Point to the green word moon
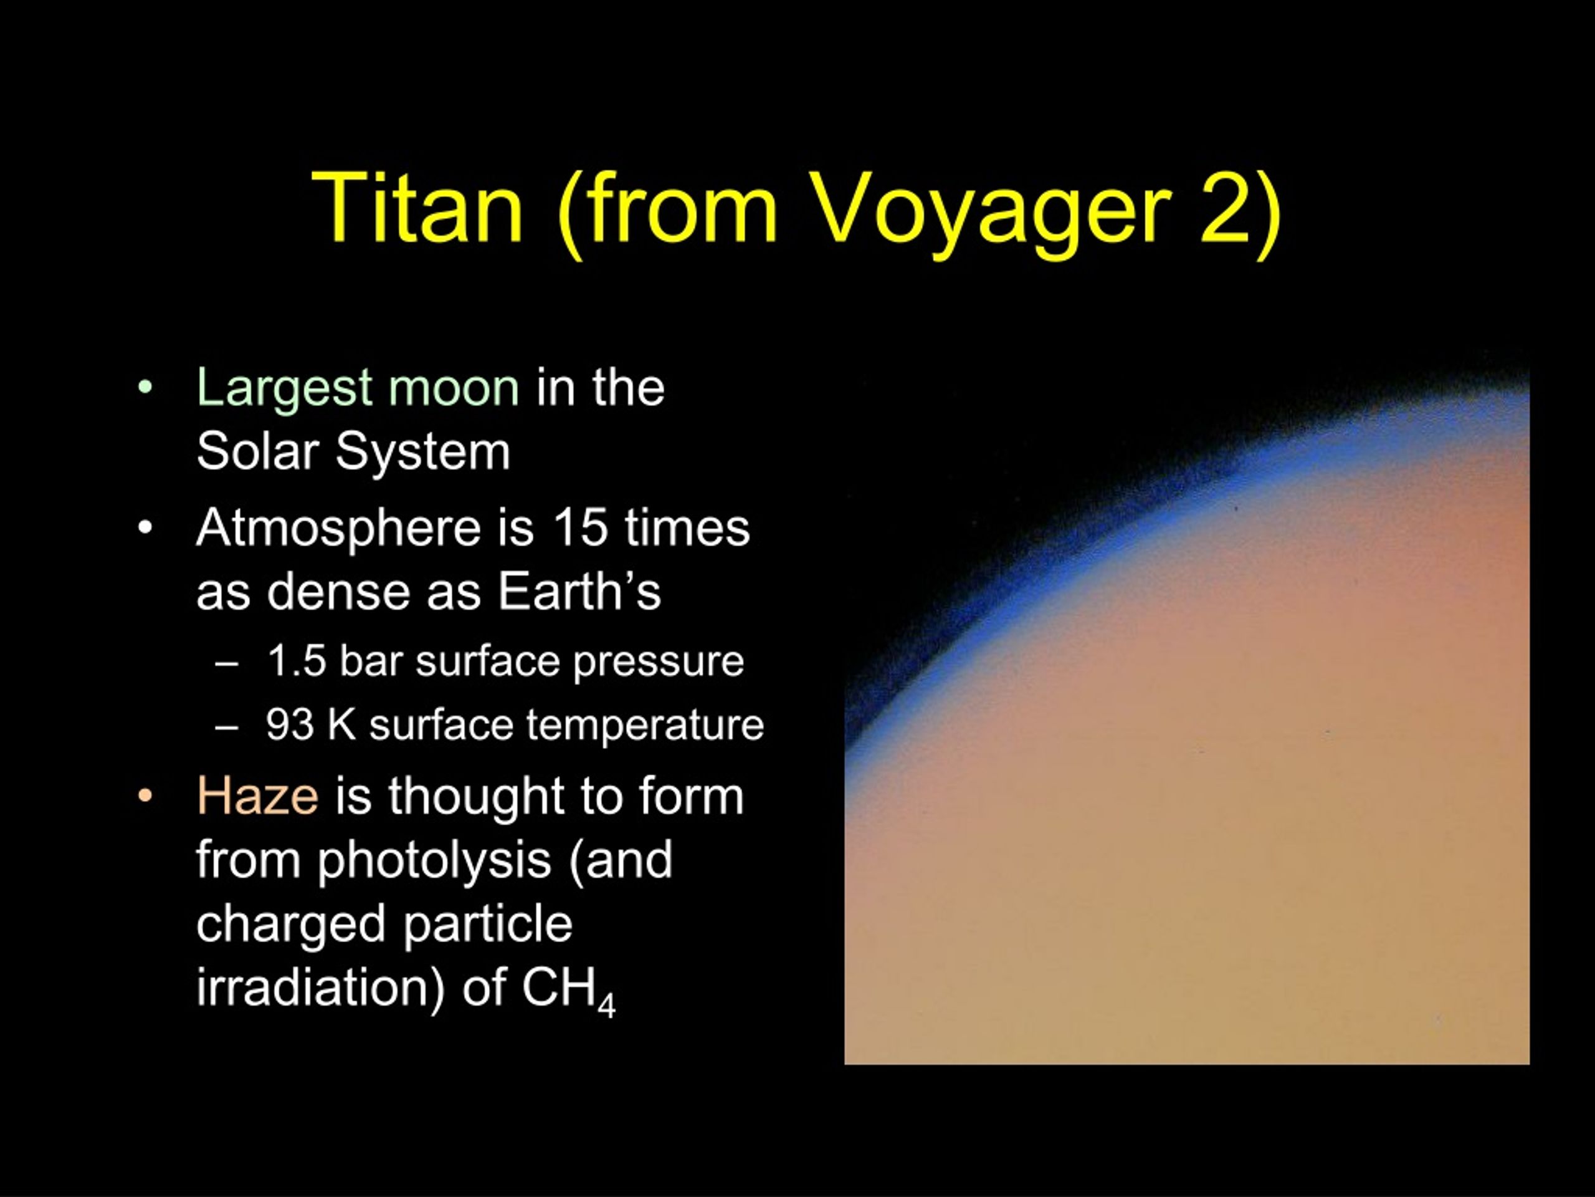[x=454, y=388]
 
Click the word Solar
[x=257, y=451]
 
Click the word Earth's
[x=579, y=592]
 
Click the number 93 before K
[x=290, y=725]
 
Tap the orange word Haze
[x=257, y=796]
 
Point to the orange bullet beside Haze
[x=146, y=797]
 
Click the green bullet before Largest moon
[x=146, y=388]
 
